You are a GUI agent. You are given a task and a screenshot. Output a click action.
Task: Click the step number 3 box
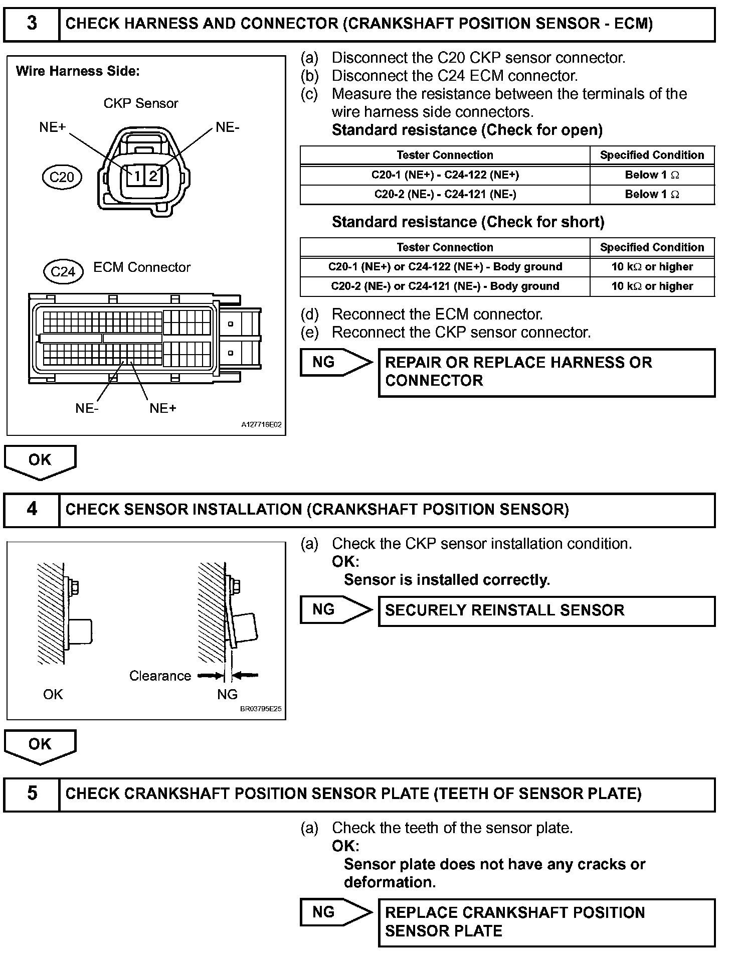32,24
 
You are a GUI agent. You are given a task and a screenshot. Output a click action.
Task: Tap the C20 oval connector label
62,177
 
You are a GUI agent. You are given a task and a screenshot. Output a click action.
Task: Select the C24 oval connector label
63,271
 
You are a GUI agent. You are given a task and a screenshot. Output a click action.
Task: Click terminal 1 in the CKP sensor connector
136,176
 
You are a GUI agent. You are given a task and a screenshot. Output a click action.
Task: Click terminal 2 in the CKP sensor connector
153,176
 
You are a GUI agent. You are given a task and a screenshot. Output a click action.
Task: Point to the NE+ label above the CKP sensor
53,127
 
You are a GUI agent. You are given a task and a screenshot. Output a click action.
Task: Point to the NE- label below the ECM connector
87,408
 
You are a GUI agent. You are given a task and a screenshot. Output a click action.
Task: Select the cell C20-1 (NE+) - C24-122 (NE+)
445,175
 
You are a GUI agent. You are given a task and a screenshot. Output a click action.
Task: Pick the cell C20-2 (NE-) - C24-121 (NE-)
445,194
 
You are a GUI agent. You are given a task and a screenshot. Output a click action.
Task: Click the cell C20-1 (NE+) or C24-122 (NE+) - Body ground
445,267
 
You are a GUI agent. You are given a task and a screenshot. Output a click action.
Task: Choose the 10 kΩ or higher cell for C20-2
652,286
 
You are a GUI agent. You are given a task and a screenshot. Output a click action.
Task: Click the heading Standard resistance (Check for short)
468,222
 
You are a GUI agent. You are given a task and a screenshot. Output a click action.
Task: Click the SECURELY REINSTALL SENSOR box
546,610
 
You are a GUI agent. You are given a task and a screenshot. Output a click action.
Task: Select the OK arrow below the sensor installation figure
40,746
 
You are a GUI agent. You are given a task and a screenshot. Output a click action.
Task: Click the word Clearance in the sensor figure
160,676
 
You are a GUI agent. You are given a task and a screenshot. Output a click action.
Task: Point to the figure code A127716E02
261,424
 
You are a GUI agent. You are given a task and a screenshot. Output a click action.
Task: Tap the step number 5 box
32,793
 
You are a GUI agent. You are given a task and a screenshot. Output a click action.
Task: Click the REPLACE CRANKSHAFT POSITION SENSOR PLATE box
546,922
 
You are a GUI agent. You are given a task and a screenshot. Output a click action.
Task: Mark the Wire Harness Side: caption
78,71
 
